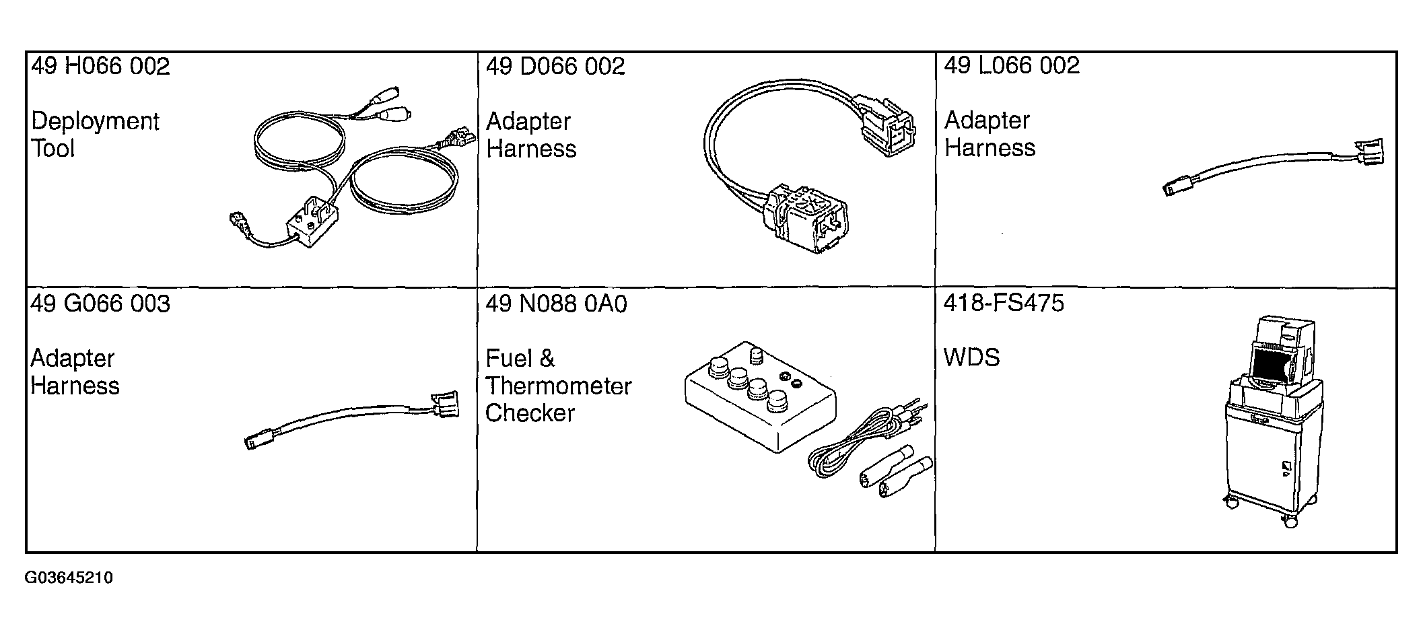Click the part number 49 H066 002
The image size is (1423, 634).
tap(101, 67)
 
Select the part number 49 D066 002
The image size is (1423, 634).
tap(555, 67)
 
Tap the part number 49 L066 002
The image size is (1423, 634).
tap(1012, 65)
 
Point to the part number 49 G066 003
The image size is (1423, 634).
tap(100, 304)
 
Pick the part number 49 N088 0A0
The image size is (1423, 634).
tap(556, 304)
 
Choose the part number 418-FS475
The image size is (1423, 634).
tap(1004, 303)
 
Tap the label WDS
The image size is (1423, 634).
tap(972, 357)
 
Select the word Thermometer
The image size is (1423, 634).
tap(559, 386)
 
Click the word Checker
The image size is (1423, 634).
tap(530, 413)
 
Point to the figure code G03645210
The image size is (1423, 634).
tap(69, 578)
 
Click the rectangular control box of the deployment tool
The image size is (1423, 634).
tap(312, 221)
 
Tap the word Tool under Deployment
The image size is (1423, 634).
tap(53, 149)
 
